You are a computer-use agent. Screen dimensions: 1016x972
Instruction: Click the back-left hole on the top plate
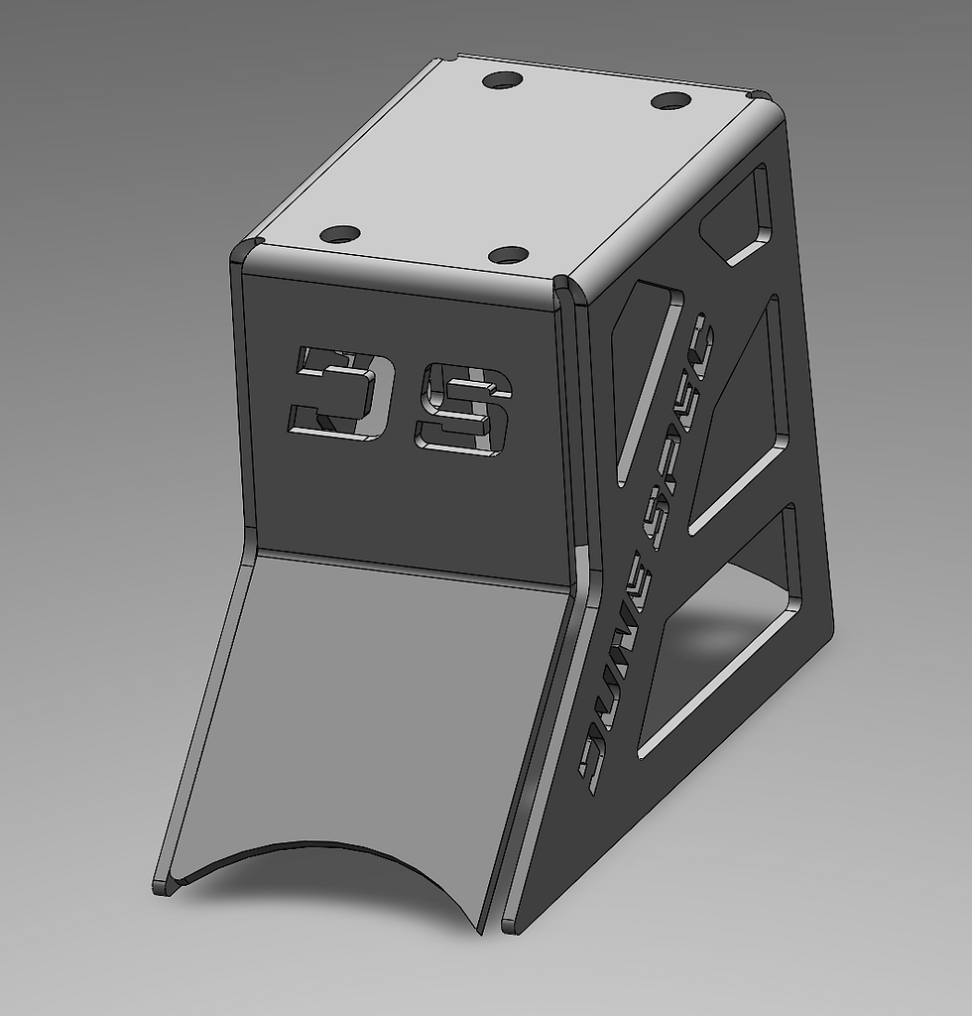[x=502, y=79]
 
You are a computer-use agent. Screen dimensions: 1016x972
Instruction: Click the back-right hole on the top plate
[x=670, y=100]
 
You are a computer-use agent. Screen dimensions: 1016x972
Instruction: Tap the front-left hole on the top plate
[x=340, y=235]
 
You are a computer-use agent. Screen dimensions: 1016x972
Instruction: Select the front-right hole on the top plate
[x=509, y=255]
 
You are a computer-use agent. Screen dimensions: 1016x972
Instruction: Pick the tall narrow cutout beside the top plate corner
[x=645, y=377]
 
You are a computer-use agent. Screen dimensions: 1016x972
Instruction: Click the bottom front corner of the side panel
[x=510, y=927]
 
